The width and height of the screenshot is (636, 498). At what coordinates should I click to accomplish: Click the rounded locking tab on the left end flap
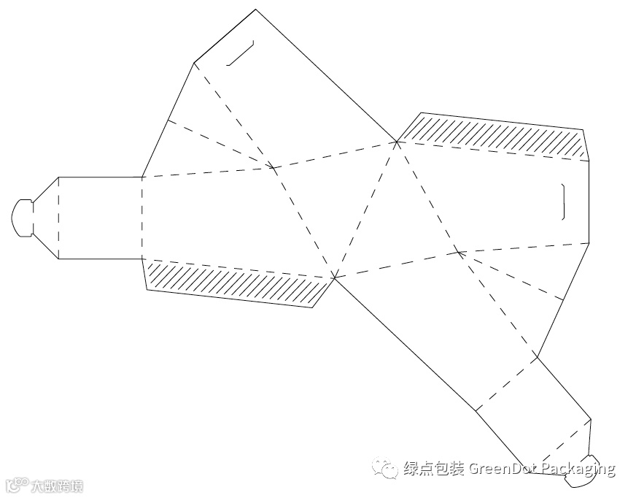pyautogui.click(x=22, y=217)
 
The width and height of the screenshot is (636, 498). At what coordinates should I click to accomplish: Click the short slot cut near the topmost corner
pyautogui.click(x=241, y=53)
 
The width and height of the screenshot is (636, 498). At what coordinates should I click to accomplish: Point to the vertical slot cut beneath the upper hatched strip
pyautogui.click(x=563, y=202)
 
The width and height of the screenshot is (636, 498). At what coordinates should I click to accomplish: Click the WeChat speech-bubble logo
pyautogui.click(x=385, y=467)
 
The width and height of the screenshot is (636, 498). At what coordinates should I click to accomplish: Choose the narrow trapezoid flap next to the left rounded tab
pyautogui.click(x=46, y=218)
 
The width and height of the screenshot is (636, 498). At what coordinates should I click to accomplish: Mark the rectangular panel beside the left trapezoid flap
pyautogui.click(x=100, y=218)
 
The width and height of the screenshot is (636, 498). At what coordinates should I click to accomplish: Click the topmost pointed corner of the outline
pyautogui.click(x=255, y=10)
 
